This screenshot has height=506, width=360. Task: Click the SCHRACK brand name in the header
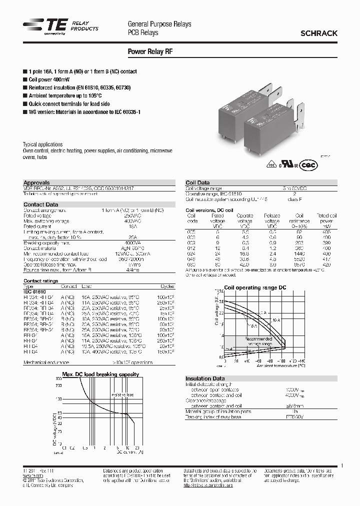pos(318,33)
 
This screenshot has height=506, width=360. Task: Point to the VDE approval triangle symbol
pos(272,165)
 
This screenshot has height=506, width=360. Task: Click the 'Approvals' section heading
pos(37,183)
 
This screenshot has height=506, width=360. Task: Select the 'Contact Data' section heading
pos(41,204)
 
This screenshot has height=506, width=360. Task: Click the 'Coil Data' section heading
pos(197,183)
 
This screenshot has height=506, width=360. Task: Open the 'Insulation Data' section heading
pos(205,378)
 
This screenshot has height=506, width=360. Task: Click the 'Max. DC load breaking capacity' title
pos(100,374)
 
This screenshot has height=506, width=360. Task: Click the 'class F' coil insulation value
pos(294,199)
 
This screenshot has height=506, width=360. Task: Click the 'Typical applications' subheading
pos(43,144)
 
